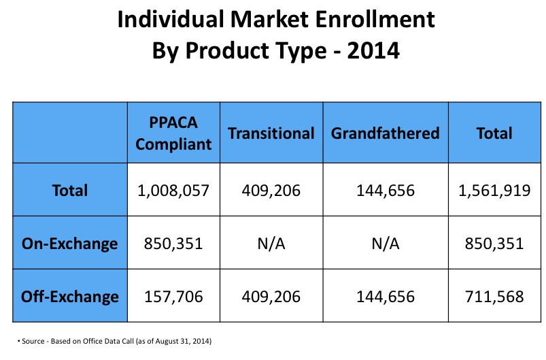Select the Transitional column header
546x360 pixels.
pos(271,133)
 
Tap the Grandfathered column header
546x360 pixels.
pos(385,133)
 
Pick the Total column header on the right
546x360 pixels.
pos(494,133)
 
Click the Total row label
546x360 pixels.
pos(70,191)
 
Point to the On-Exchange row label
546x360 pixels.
pos(70,244)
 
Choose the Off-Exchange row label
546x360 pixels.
pos(70,297)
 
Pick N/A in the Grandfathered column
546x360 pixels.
pos(385,244)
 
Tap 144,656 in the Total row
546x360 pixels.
pos(385,191)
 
